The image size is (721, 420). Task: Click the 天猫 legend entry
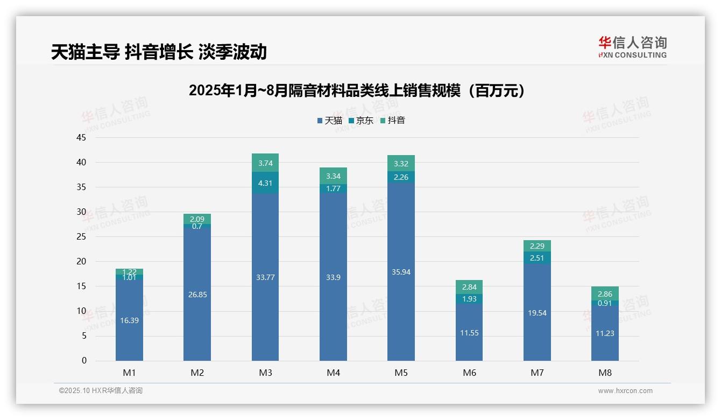[330, 121]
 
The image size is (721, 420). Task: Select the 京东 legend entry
[361, 121]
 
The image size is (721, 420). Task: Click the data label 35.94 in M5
[401, 272]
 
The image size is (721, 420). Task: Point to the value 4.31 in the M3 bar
[265, 183]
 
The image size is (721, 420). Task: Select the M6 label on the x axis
[469, 373]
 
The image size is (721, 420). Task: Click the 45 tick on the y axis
[81, 138]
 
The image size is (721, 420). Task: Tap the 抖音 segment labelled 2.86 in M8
[605, 294]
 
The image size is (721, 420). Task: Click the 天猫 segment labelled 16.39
[129, 320]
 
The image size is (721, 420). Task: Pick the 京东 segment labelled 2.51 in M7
[537, 258]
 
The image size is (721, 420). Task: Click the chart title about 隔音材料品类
[356, 90]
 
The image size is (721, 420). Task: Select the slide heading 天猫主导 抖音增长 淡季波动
[159, 52]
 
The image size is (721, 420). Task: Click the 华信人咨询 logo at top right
[632, 47]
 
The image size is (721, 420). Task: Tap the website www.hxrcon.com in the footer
[625, 391]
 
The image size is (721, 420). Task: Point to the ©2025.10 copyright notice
[101, 391]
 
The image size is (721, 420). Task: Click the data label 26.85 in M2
[197, 295]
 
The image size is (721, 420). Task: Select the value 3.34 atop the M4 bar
[333, 176]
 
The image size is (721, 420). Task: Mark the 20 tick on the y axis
[81, 262]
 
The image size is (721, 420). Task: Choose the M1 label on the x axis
[129, 373]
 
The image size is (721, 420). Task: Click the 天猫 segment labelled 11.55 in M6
[469, 333]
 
